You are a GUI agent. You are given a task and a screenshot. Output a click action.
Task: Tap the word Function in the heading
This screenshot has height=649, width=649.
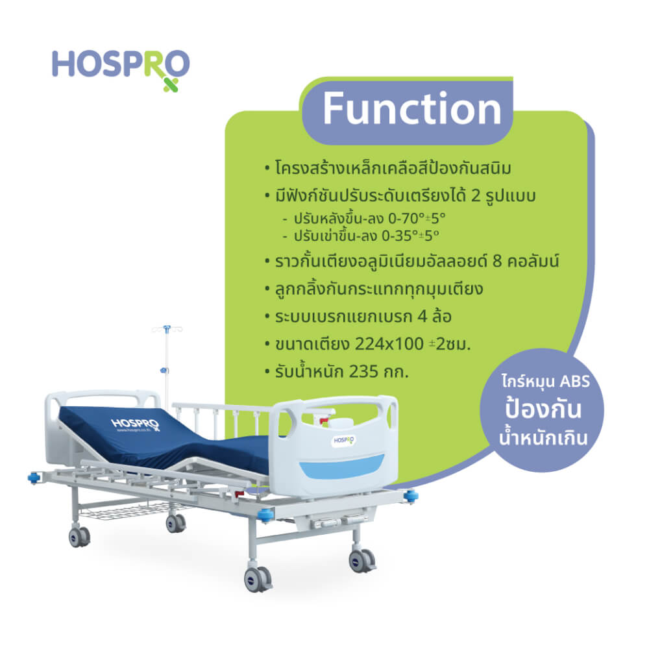[412, 108]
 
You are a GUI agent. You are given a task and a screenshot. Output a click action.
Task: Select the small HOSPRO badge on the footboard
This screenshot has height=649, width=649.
[344, 441]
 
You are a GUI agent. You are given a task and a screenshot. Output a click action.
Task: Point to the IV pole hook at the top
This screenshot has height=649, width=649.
[167, 329]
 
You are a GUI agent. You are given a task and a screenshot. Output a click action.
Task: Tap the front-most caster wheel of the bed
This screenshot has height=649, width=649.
[258, 579]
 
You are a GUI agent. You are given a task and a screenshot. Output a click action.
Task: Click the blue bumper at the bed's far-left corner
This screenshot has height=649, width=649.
[34, 478]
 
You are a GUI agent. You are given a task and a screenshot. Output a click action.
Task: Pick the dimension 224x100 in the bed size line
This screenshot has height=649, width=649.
[389, 344]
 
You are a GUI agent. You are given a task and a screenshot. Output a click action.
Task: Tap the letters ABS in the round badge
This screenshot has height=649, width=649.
[574, 381]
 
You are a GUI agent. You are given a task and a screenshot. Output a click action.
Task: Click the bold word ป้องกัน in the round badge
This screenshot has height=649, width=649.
[543, 408]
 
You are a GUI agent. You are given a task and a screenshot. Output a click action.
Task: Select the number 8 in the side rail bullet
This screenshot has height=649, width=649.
[497, 262]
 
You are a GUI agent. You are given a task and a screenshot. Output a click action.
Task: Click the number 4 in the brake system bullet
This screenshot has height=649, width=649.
[422, 317]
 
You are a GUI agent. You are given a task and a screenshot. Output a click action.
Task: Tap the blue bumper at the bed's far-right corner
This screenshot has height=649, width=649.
[411, 495]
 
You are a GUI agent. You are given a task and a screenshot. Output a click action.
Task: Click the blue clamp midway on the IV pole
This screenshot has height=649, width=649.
[165, 370]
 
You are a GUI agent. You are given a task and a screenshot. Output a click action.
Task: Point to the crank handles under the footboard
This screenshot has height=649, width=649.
[339, 521]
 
